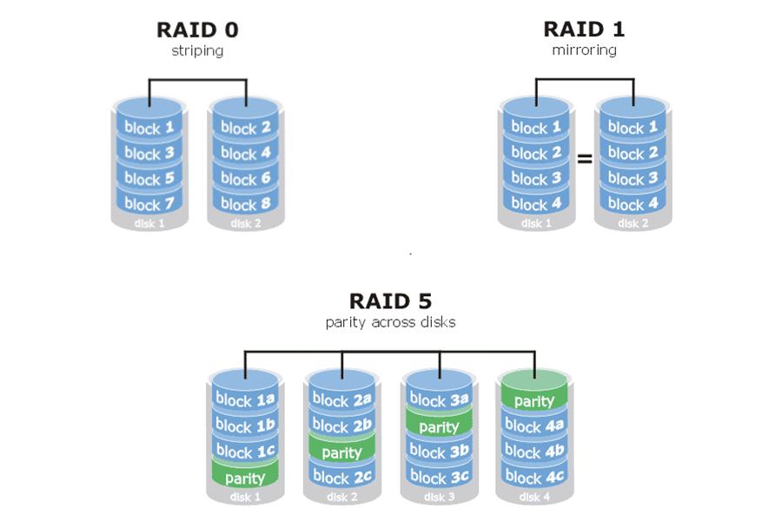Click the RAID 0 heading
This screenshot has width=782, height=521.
tap(197, 30)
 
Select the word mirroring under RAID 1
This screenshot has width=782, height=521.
tap(584, 50)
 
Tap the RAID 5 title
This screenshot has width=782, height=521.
tap(390, 301)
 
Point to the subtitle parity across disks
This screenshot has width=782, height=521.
tap(390, 322)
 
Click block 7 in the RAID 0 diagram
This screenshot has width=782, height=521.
tap(149, 205)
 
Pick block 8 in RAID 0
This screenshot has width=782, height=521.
tap(245, 205)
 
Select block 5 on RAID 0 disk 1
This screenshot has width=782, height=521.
tap(149, 179)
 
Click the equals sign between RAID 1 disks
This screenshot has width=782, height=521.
tap(584, 160)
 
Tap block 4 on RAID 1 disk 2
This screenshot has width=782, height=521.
tap(632, 205)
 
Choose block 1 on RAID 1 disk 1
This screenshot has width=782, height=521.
tap(535, 128)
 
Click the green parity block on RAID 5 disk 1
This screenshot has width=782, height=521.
tap(245, 478)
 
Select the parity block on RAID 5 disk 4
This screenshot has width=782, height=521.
tap(533, 401)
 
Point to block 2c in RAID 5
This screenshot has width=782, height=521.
tap(341, 478)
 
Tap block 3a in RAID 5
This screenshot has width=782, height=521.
tap(438, 400)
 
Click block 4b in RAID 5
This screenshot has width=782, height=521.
tap(533, 452)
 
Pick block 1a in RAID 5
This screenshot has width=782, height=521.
tap(245, 400)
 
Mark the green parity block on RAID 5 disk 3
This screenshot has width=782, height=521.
tap(438, 426)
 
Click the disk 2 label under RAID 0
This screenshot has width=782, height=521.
tap(245, 224)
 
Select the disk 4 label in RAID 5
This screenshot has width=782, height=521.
tap(533, 498)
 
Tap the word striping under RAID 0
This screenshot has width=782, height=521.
tap(197, 50)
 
